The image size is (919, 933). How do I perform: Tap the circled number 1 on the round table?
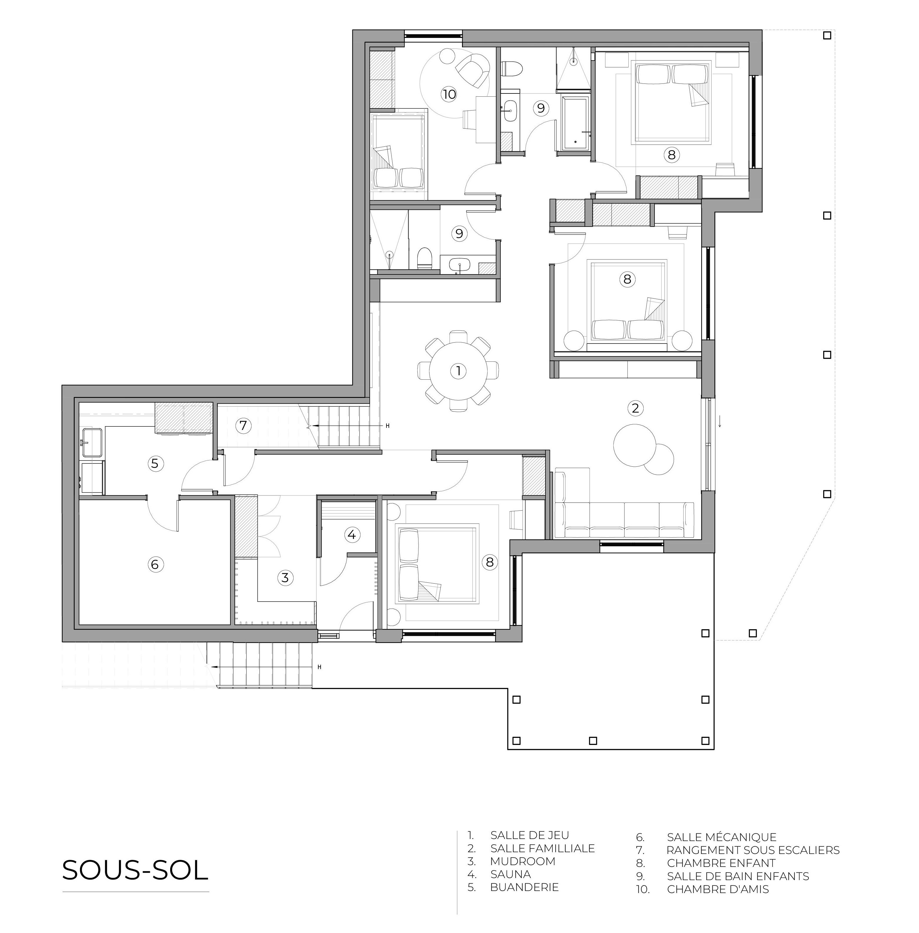(458, 371)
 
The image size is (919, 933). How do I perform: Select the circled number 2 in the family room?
(635, 408)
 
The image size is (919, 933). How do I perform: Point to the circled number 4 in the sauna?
(351, 535)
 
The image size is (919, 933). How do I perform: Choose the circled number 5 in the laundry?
(155, 464)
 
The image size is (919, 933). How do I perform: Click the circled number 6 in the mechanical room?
(155, 564)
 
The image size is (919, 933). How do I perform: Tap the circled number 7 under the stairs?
(243, 426)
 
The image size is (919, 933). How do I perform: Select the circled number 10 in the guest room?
(449, 94)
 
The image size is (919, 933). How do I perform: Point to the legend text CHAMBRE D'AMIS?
(718, 889)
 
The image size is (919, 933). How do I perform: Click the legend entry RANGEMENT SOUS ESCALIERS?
(753, 850)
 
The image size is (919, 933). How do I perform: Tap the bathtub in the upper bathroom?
(575, 123)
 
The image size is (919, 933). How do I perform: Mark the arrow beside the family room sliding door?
(720, 421)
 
